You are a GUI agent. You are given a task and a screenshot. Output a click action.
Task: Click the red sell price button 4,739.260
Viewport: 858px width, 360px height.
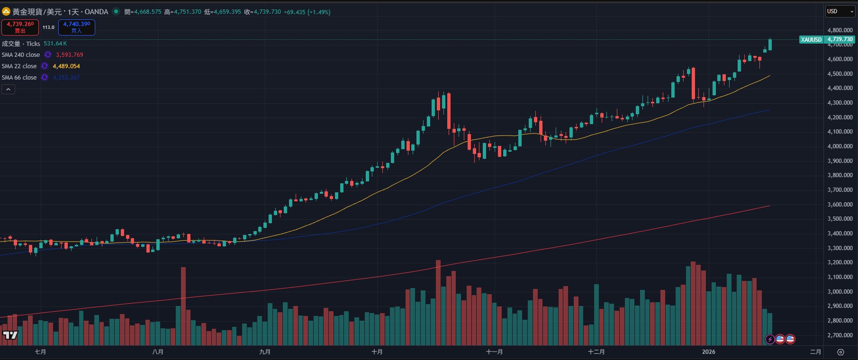pos(20,27)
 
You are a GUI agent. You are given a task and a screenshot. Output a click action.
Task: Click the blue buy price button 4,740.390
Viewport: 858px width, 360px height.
pos(76,27)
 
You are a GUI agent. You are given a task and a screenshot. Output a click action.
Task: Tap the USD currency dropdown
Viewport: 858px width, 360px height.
pos(840,11)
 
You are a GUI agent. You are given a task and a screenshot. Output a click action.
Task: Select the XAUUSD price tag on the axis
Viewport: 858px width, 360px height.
pos(811,40)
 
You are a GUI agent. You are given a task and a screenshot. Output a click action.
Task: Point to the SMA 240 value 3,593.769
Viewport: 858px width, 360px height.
pos(70,55)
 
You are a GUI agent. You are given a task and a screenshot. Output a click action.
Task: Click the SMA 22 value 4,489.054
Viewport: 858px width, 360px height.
pos(66,66)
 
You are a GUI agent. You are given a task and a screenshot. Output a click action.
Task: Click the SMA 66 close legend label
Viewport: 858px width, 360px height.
pos(19,78)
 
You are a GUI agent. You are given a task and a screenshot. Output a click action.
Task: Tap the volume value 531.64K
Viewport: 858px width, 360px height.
pos(55,44)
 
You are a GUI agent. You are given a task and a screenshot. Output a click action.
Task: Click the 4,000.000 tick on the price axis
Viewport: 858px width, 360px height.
pos(840,146)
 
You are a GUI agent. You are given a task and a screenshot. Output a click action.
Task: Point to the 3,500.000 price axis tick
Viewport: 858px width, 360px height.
pos(840,219)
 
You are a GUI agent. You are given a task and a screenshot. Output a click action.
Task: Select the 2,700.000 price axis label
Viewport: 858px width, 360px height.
pos(840,335)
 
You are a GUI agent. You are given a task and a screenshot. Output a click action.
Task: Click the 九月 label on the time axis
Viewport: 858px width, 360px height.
pos(265,352)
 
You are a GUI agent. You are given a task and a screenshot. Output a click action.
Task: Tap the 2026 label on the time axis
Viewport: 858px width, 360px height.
pos(708,352)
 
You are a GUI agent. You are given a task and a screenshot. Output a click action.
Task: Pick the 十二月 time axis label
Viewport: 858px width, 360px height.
pos(596,352)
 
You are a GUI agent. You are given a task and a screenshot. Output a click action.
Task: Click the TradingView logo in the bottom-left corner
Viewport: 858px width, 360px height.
pos(10,335)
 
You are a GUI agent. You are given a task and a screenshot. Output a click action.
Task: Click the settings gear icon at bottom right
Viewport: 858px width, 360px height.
pos(840,352)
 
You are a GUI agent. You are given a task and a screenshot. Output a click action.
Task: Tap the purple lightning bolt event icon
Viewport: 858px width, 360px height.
pos(770,339)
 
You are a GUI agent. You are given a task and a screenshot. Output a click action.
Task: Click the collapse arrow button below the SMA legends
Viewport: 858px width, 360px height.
pos(8,89)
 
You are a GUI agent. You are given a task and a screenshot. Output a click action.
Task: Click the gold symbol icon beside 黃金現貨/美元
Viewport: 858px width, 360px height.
pos(6,11)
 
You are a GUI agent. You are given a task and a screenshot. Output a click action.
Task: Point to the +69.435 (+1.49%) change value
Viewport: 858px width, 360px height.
pos(307,12)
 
